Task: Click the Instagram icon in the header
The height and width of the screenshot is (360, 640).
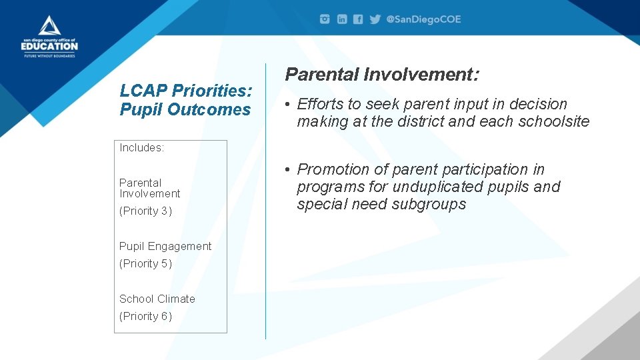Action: pyautogui.click(x=325, y=19)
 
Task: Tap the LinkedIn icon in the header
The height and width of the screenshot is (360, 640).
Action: pyautogui.click(x=342, y=19)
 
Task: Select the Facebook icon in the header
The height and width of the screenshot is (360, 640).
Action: pyautogui.click(x=358, y=19)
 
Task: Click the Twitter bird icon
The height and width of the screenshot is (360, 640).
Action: pyautogui.click(x=375, y=19)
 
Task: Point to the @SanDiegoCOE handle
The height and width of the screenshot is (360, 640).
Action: pyautogui.click(x=424, y=19)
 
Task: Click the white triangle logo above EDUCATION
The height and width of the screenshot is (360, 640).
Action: pyautogui.click(x=49, y=26)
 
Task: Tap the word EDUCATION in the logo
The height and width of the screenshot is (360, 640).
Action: pyautogui.click(x=49, y=47)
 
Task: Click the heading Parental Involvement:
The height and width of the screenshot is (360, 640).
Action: pyautogui.click(x=382, y=74)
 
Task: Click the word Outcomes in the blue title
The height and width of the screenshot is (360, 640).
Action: pyautogui.click(x=209, y=109)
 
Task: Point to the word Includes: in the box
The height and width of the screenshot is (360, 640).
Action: pyautogui.click(x=141, y=147)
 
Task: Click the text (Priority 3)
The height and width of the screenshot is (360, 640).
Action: pyautogui.click(x=145, y=211)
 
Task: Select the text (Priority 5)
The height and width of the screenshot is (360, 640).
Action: pyautogui.click(x=145, y=264)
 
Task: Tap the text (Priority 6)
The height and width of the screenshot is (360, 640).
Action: pyautogui.click(x=145, y=316)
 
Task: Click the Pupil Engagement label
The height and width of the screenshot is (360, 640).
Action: pyautogui.click(x=165, y=247)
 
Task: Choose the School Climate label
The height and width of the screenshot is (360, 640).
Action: pyautogui.click(x=157, y=299)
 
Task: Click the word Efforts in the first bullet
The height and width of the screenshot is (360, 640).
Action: pyautogui.click(x=320, y=104)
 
